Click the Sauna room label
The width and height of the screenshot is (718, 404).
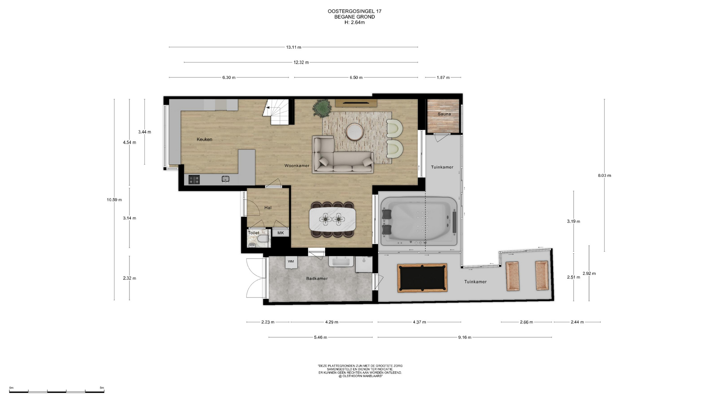pos(444,114)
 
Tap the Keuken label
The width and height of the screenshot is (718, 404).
pos(205,140)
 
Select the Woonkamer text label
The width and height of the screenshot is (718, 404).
pos(297,166)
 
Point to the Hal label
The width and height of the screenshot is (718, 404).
pos(268,208)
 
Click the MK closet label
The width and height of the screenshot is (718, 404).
pos(280,233)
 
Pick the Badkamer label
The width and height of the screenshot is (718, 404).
pos(317,278)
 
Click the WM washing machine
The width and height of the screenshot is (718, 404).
pos(291,262)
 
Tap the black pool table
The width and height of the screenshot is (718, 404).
pos(422,278)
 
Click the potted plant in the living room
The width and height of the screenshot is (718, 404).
pos(322,107)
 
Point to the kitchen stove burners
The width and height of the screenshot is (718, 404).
pos(194,180)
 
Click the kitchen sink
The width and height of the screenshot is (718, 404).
pos(225,179)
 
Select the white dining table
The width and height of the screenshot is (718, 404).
pos(332,220)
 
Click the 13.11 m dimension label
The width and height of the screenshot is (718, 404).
pos(294,47)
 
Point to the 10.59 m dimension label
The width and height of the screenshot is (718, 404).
pos(114,200)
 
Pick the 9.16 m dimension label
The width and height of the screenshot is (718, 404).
pos(464,337)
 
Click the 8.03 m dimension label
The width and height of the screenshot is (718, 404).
pos(604,175)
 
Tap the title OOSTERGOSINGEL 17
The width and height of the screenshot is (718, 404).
pos(355,11)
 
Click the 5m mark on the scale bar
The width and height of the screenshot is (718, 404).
pos(102,388)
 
